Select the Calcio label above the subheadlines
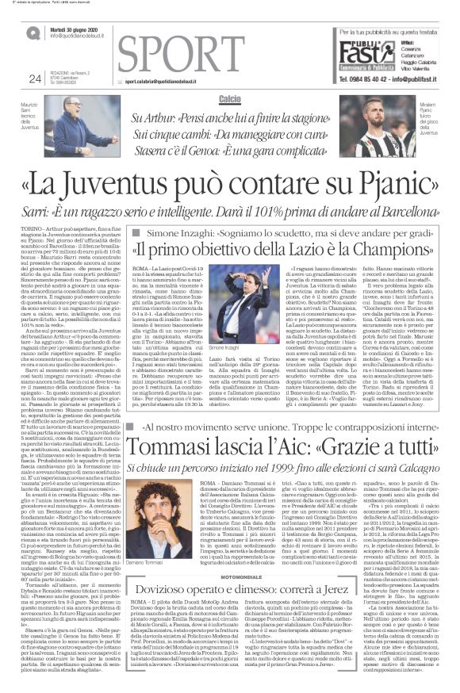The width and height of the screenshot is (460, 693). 230,97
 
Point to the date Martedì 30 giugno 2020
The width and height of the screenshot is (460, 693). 75,29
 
